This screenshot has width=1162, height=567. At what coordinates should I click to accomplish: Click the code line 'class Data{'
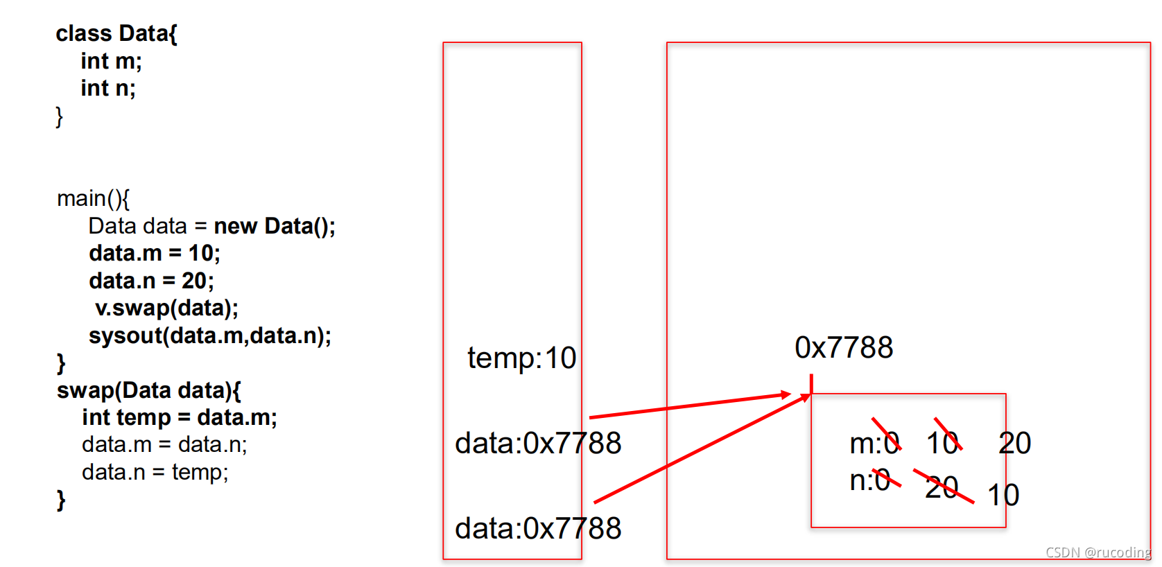point(116,33)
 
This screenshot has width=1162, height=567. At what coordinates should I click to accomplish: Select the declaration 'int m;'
point(111,61)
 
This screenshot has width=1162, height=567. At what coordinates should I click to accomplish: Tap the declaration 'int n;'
point(108,88)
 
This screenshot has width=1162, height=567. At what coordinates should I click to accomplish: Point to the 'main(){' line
point(93,198)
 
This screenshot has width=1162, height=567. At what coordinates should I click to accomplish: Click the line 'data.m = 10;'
point(154,253)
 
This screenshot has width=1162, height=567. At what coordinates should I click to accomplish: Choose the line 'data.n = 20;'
point(151,281)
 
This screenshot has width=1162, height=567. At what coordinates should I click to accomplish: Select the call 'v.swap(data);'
point(166,308)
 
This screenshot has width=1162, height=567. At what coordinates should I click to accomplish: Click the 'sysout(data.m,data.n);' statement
point(209,335)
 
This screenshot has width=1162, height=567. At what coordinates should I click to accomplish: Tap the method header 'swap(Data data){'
point(148,390)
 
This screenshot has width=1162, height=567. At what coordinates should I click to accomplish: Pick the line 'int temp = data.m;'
point(179,417)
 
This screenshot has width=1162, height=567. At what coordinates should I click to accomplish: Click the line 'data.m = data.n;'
point(164,444)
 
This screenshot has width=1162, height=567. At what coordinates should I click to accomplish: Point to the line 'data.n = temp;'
point(155,472)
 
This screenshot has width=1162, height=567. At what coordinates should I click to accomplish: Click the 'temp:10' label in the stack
point(521,358)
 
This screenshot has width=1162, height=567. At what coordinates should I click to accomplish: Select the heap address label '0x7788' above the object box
point(844,348)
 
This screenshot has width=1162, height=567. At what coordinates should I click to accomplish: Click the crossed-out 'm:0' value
point(874,443)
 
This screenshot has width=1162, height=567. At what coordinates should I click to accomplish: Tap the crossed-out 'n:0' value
point(870,480)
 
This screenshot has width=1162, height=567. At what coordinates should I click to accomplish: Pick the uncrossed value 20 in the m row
point(1014,443)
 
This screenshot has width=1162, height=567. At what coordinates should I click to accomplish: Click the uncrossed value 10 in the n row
point(1003,495)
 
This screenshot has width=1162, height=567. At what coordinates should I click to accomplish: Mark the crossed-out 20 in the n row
point(942,487)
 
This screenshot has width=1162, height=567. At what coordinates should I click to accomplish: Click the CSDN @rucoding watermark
point(1098,552)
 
